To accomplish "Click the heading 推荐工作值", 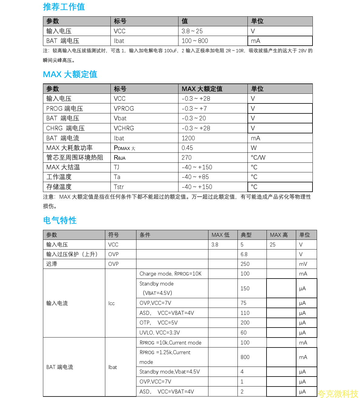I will click(x=64, y=7).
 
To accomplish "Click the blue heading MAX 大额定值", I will click(x=70, y=74).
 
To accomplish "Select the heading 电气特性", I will click(x=60, y=220).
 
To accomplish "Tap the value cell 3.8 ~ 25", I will click(x=192, y=31).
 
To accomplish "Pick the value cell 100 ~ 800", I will click(x=195, y=41).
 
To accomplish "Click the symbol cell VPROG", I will click(x=124, y=109).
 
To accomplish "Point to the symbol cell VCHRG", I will click(x=124, y=128).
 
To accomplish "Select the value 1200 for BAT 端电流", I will click(x=188, y=138).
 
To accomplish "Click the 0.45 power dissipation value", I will click(x=187, y=148).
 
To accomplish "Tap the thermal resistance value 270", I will click(x=186, y=158).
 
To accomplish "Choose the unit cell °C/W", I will click(x=258, y=158).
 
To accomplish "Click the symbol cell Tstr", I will click(x=119, y=187).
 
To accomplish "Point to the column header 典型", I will click(x=246, y=235).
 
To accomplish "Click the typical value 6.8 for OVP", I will click(x=244, y=254).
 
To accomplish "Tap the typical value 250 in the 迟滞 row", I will click(x=245, y=264).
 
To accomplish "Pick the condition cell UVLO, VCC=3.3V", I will click(x=159, y=333).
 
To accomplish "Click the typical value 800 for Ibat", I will click(x=245, y=357).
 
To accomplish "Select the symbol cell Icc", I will click(x=111, y=303).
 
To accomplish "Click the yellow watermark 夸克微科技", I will click(x=338, y=393).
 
